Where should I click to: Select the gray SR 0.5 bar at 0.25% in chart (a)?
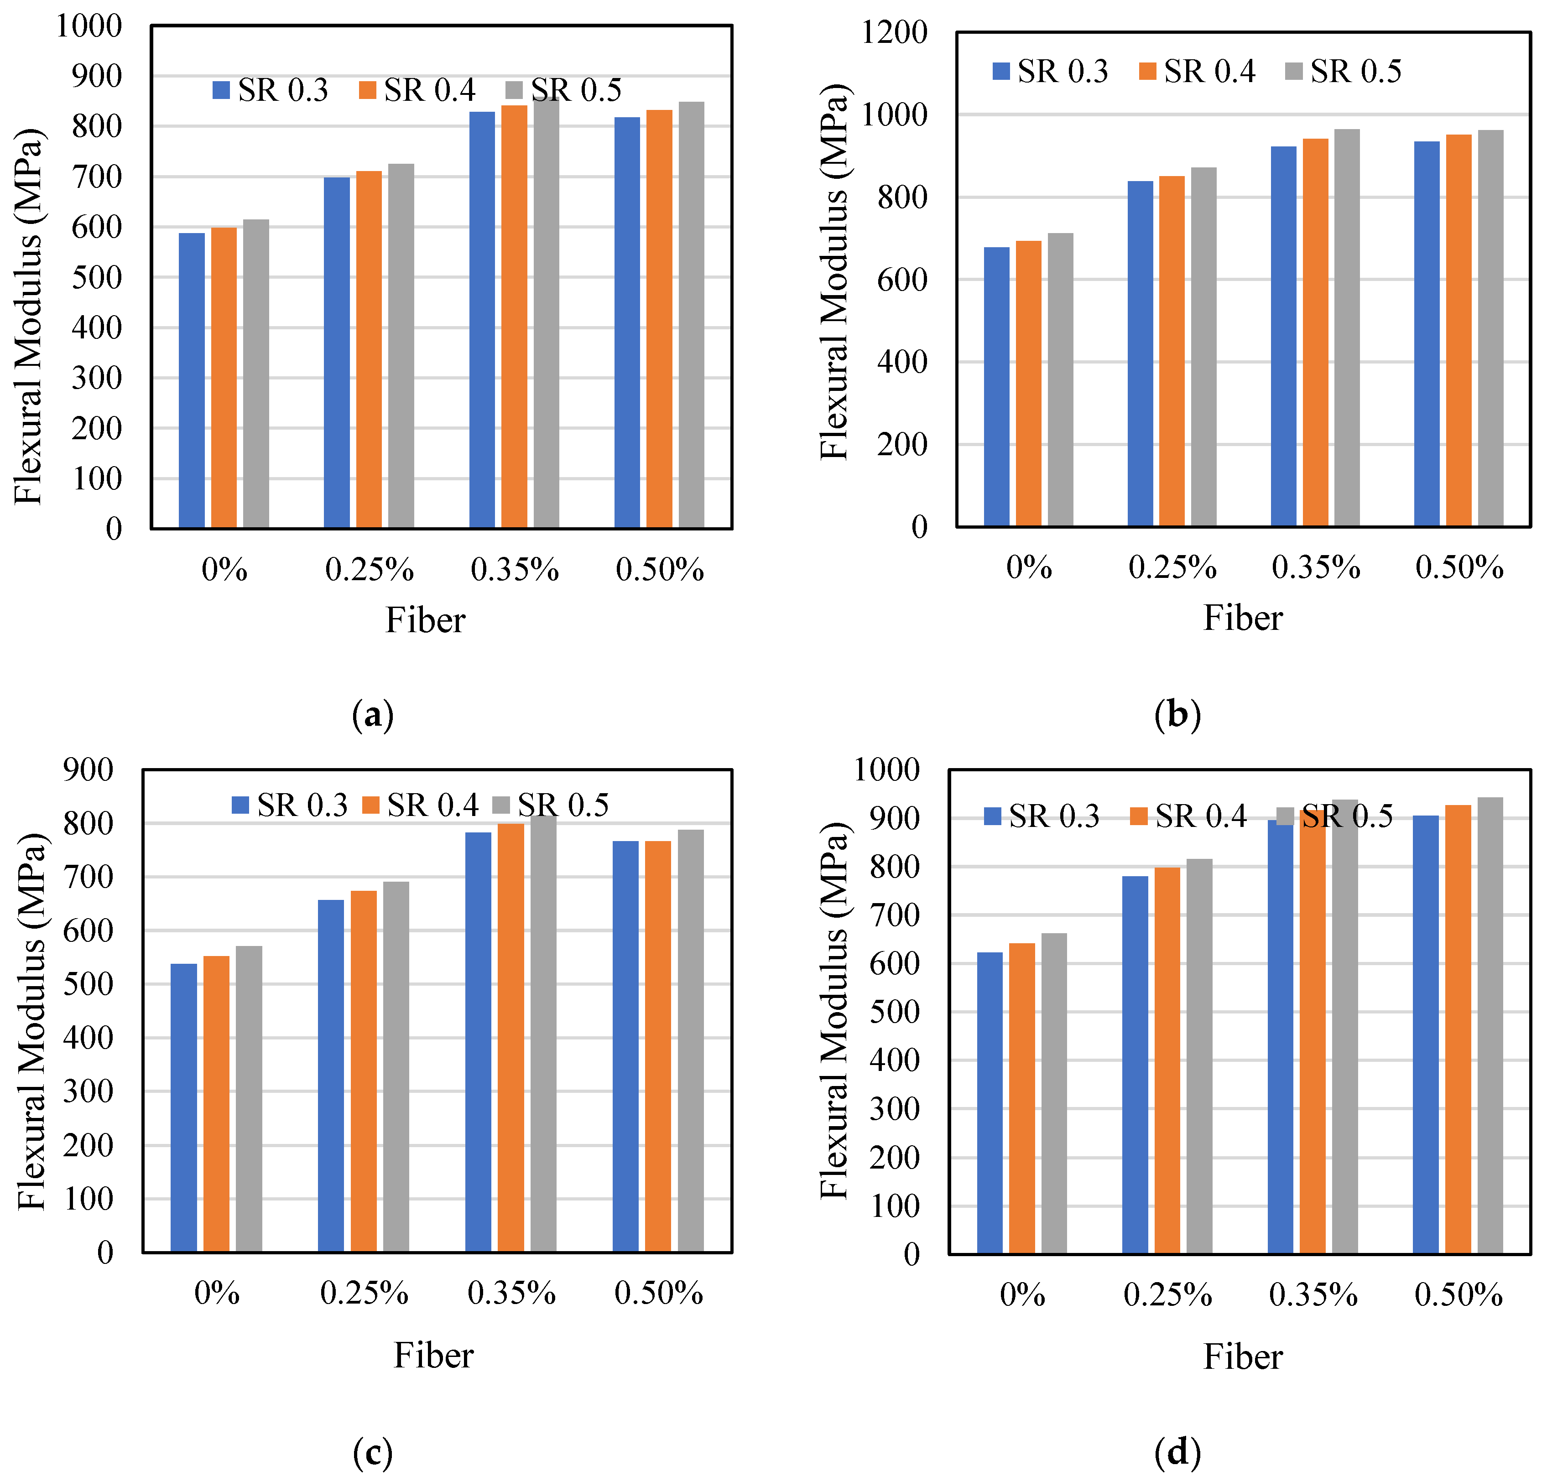coord(401,346)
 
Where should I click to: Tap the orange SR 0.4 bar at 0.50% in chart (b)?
coord(1458,330)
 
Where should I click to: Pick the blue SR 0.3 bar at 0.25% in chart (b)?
coord(1140,353)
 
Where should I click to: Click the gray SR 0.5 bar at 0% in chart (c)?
coord(249,1099)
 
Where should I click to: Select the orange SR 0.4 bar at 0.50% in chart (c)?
coord(657,1046)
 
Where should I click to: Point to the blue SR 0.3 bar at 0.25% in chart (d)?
coord(1135,1065)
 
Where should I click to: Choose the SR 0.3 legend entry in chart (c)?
coord(290,805)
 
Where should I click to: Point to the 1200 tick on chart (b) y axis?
coord(894,33)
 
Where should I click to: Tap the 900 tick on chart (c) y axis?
coord(89,769)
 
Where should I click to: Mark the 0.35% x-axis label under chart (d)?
coord(1313,1295)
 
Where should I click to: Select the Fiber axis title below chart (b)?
coord(1242,618)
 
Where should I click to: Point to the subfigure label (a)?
coord(373,715)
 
